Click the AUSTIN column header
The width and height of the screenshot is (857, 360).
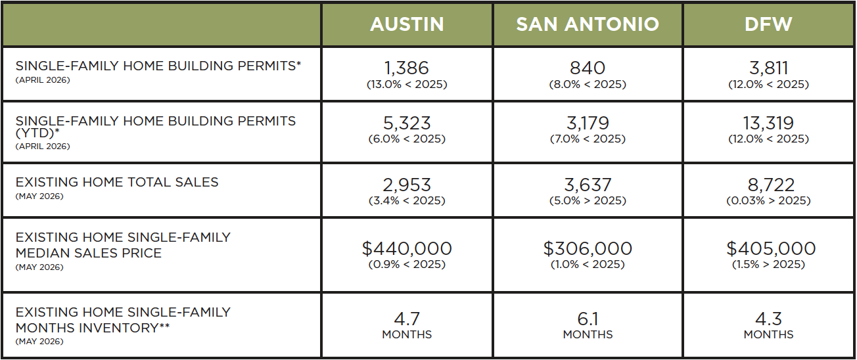point(407,24)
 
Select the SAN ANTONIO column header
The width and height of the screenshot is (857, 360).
point(588,24)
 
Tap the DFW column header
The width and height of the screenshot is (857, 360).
point(768,24)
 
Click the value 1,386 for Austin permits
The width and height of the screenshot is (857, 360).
point(407,68)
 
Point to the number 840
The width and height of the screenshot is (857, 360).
point(588,68)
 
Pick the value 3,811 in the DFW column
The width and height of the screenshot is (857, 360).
point(768,68)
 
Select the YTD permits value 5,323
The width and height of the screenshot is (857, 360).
point(407,124)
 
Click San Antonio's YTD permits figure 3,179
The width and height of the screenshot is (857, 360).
point(588,124)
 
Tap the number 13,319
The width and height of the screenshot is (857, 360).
point(768,124)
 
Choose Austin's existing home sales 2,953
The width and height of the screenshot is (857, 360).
point(407,185)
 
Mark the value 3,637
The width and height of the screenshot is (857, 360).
point(588,185)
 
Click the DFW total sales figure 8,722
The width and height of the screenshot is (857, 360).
point(771,185)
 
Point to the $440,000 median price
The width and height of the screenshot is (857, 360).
point(407,249)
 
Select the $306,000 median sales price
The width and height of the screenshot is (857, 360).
point(588,249)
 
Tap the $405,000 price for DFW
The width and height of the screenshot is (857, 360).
point(771,249)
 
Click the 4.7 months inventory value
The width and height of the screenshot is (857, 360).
point(407,319)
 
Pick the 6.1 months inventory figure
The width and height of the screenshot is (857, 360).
point(588,319)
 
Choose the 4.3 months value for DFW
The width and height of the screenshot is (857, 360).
point(768,319)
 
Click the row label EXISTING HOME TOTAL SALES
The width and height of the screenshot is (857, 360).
point(117,182)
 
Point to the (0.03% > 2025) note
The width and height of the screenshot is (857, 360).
point(768,200)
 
